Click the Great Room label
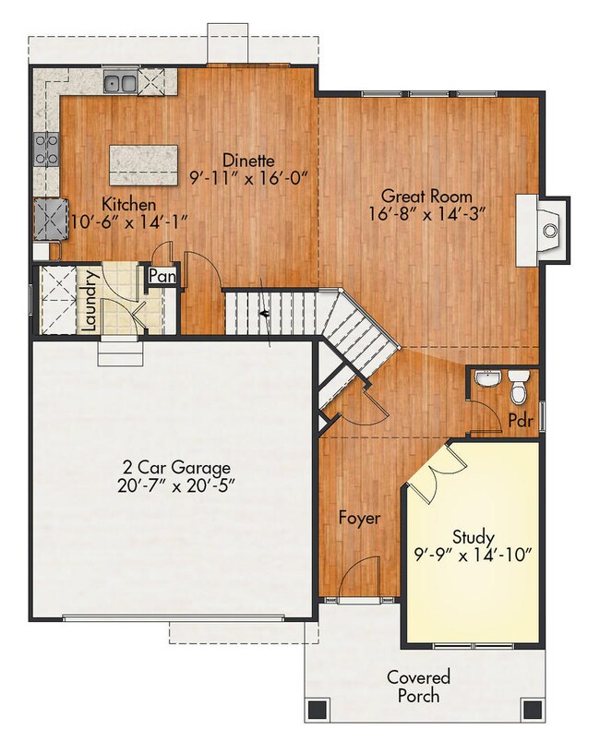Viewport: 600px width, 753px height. click(426, 196)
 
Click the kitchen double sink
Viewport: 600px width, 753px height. click(120, 86)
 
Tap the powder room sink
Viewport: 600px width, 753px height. click(487, 378)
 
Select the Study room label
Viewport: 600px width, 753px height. click(473, 537)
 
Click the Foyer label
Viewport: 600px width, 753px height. click(359, 519)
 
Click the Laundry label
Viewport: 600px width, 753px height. click(90, 300)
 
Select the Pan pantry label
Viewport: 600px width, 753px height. click(162, 276)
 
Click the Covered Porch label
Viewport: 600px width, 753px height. click(419, 686)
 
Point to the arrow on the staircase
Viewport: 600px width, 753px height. click(267, 314)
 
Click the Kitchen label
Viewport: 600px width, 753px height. click(128, 204)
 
